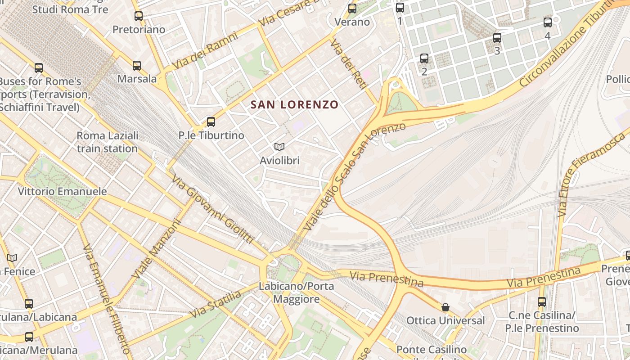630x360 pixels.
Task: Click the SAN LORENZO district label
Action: pos(294,105)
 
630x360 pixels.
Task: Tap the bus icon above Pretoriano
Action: pos(139,16)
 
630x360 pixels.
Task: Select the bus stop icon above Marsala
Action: pos(137,66)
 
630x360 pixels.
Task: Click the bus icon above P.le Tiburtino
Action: pos(211,122)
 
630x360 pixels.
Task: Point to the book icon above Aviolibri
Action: pos(279,147)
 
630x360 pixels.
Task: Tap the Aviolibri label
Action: pos(279,160)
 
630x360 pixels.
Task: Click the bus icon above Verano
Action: pos(352,8)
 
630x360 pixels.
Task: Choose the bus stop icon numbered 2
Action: pos(424,58)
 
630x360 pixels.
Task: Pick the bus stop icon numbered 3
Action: pos(497,38)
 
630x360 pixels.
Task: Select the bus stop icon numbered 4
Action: pos(547,22)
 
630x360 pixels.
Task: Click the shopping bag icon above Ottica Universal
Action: pos(445,307)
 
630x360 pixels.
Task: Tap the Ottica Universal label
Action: pos(445,320)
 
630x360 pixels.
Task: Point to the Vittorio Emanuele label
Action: pos(63,191)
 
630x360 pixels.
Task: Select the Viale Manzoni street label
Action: pos(157,249)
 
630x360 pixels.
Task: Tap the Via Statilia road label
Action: pos(215,305)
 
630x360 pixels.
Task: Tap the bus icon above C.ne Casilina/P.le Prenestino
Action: pos(542,302)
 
